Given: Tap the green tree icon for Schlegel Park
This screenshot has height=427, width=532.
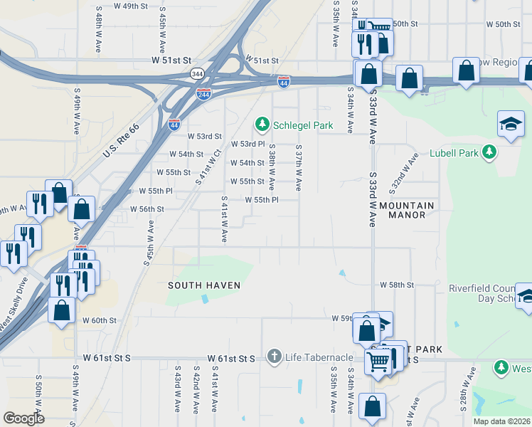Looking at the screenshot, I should click(x=262, y=125).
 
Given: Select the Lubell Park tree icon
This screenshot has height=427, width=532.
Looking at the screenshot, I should click(x=489, y=152).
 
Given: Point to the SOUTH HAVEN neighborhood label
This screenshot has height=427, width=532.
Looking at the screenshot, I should click(x=204, y=285).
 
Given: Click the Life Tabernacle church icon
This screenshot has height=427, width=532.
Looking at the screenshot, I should click(x=275, y=357).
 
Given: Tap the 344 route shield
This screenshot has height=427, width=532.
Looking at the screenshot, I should click(x=197, y=73).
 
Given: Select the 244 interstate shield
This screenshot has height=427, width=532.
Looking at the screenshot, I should click(x=203, y=94).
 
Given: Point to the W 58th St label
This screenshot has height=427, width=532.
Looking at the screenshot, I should click(x=397, y=285).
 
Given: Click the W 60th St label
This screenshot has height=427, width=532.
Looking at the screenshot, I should click(x=99, y=320).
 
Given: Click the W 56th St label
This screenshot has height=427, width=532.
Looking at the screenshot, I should click(x=147, y=209).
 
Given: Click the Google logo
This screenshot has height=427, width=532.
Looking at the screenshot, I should click(x=23, y=418).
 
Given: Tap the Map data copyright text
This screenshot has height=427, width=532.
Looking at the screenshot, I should click(x=501, y=421).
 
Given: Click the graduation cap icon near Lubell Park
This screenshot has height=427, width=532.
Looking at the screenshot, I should click(x=511, y=124).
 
